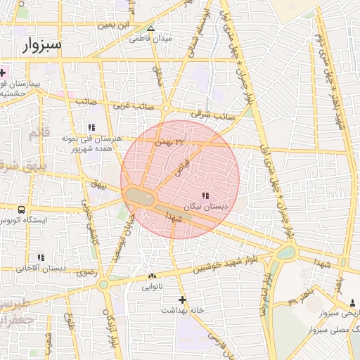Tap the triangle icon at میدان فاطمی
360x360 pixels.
point(150,28)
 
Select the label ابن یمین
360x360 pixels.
point(115,25)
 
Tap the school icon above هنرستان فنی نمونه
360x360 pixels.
point(91,127)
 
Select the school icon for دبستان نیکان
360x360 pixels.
point(205,195)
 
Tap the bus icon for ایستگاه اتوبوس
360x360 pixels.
point(22,210)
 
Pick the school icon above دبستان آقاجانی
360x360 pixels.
point(41,257)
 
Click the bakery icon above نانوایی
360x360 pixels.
point(152,276)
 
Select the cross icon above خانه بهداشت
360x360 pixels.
point(183,300)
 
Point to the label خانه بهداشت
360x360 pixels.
point(182,309)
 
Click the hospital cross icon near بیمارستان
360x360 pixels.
point(4,73)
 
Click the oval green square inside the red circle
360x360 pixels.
point(142,198)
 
